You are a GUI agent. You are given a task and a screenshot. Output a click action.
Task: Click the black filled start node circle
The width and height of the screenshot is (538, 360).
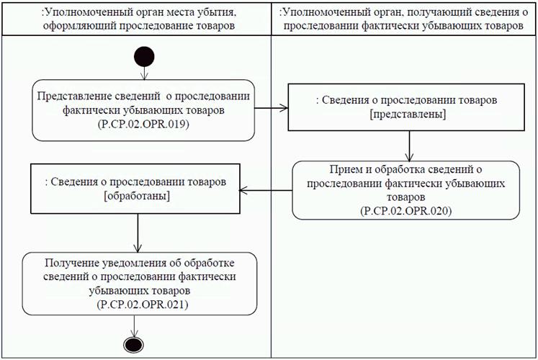(143, 55)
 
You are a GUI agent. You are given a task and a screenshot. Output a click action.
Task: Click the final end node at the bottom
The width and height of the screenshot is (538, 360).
(137, 343)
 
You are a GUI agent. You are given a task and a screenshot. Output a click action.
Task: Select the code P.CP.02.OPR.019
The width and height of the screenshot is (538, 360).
(143, 125)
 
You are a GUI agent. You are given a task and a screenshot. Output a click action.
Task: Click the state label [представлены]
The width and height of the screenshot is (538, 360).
(407, 114)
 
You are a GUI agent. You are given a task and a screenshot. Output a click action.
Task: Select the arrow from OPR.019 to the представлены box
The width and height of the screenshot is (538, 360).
(272, 110)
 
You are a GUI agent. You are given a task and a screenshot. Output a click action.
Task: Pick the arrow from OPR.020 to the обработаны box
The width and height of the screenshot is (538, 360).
(265, 190)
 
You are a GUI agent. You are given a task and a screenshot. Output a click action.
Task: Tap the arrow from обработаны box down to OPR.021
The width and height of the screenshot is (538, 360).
(137, 233)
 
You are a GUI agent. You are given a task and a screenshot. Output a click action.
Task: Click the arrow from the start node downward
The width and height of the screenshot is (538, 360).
(143, 72)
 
